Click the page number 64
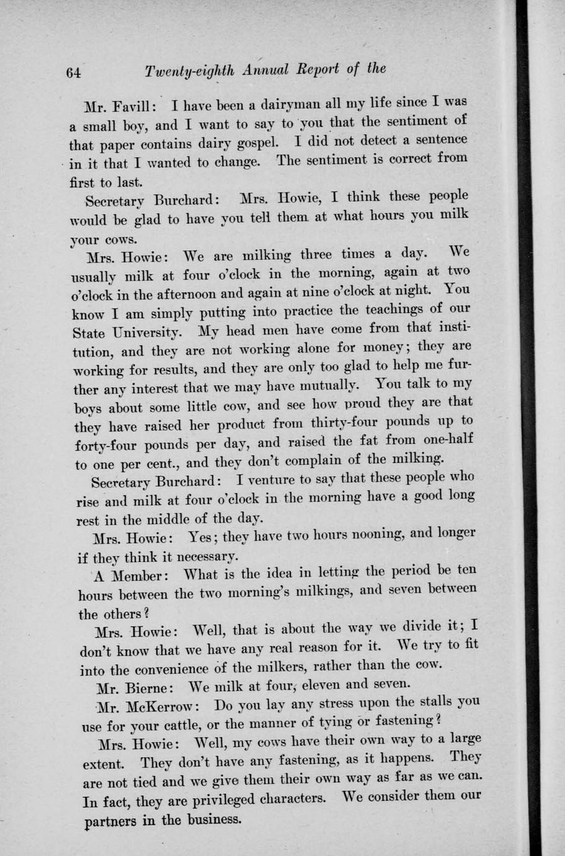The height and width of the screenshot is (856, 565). point(74,72)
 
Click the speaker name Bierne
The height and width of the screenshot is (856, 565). point(147,689)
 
